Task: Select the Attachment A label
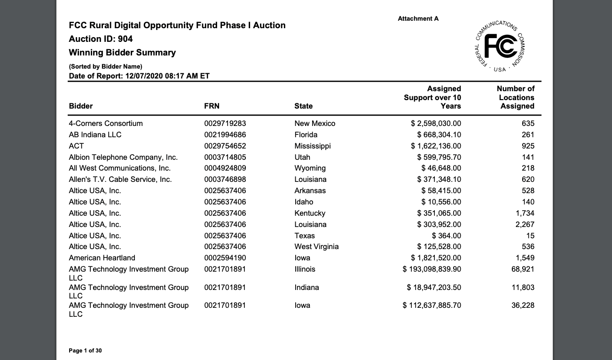point(418,19)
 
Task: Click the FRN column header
point(212,106)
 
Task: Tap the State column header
point(303,106)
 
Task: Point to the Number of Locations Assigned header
point(516,97)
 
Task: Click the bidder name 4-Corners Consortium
point(106,124)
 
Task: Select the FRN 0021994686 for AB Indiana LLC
point(225,135)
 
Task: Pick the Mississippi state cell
point(313,146)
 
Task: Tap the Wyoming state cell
point(310,168)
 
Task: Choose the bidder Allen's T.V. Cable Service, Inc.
point(120,180)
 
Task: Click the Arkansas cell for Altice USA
point(310,191)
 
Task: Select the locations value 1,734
point(525,213)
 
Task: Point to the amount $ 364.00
point(447,236)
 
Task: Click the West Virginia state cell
point(316,247)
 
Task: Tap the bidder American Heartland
point(102,258)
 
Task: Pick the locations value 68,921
point(523,269)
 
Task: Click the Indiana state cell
point(306,288)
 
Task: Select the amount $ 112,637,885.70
point(432,305)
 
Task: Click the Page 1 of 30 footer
point(85,351)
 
